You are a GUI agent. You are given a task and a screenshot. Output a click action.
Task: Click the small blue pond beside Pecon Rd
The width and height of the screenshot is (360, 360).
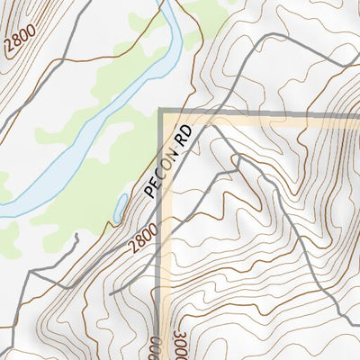[x=119, y=209]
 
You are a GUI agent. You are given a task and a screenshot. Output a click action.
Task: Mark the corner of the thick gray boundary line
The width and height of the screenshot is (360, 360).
[x=162, y=112]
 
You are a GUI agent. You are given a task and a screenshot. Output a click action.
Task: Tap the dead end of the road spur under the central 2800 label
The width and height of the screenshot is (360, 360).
[x=110, y=293]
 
